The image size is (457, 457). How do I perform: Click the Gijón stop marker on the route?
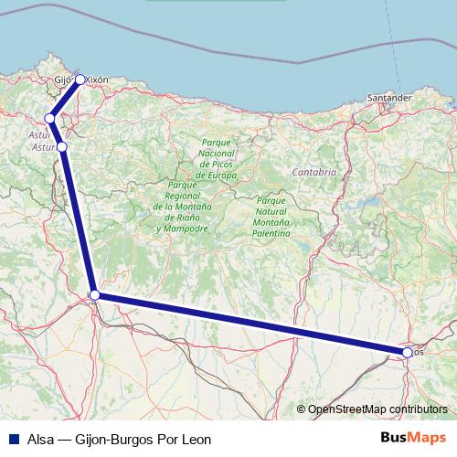(80, 80)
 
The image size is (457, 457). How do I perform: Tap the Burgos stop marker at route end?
(407, 352)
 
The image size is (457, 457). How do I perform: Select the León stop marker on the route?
(95, 294)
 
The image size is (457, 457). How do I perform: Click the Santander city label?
(389, 96)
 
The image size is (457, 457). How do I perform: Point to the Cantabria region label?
(314, 171)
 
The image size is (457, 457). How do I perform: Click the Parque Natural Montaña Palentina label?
(273, 218)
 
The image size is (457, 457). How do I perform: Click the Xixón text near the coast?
(97, 80)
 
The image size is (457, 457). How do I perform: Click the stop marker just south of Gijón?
(51, 118)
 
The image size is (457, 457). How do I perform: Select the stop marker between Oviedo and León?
(62, 146)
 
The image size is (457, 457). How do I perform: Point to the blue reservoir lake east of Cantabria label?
(370, 198)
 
